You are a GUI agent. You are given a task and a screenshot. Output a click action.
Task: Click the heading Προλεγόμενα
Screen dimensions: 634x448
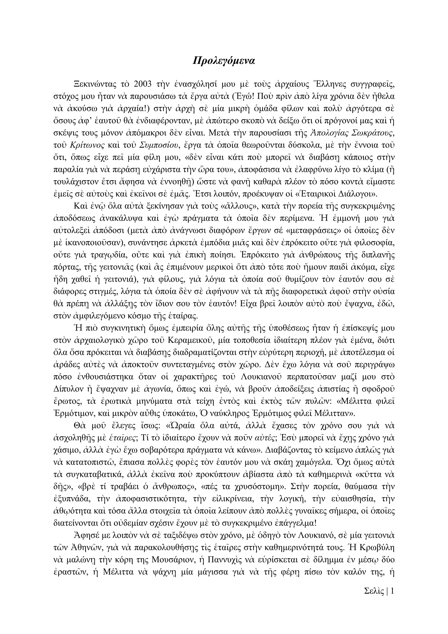(224, 60)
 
